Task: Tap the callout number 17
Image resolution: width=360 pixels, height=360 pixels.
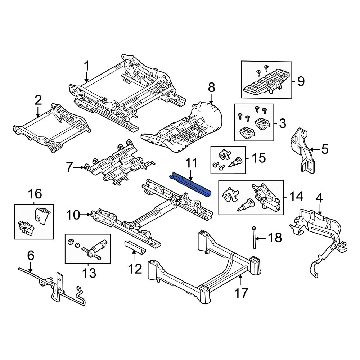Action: [241, 293]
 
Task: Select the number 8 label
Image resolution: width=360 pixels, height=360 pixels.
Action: [211, 87]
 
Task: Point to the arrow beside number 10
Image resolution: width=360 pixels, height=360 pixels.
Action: [86, 215]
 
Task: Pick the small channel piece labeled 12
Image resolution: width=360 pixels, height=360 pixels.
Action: [135, 247]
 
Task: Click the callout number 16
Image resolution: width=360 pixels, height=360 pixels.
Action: [35, 194]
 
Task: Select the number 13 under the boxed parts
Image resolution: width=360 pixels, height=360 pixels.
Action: [89, 273]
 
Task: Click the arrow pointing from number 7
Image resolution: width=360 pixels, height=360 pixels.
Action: [79, 168]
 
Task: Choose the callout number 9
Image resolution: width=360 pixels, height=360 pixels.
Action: [301, 81]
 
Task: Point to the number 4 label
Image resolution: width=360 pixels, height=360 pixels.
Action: [319, 198]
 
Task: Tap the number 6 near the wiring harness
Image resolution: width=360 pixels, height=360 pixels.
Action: [31, 255]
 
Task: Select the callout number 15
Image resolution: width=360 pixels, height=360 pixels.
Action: [259, 158]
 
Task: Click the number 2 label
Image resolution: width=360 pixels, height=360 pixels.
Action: [38, 100]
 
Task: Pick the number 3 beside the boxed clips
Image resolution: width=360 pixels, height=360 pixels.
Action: [282, 123]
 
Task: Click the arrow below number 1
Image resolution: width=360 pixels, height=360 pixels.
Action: [86, 77]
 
